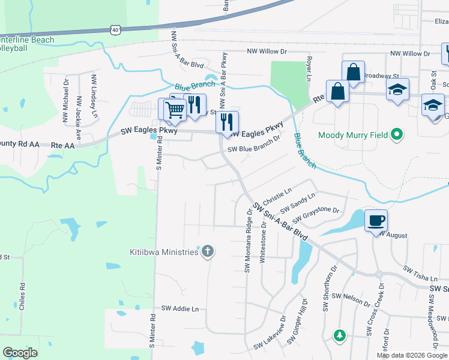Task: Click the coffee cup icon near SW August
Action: (x=376, y=220)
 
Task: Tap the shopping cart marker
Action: (x=174, y=110)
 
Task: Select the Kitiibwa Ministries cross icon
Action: (x=207, y=251)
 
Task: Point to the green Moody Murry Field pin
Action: (x=396, y=135)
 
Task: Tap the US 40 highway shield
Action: (x=115, y=28)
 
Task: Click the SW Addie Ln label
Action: (x=179, y=308)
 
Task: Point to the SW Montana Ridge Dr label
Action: (x=248, y=240)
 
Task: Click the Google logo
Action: (x=20, y=353)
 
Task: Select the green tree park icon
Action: (x=340, y=335)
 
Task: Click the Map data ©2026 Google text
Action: (x=412, y=355)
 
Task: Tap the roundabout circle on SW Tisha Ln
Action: (x=379, y=274)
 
